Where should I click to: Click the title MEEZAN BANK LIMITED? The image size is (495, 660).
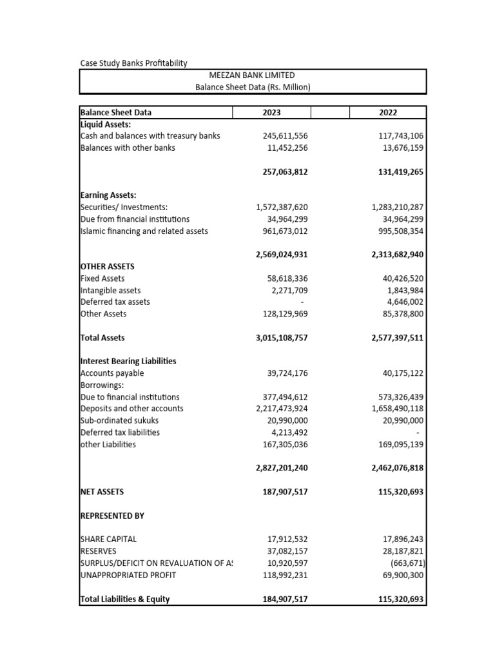click(253, 75)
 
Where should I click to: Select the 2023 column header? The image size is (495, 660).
click(271, 112)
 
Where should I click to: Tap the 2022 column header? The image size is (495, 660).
click(388, 112)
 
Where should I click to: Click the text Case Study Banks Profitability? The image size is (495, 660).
click(133, 63)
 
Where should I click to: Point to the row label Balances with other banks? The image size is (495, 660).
click(128, 148)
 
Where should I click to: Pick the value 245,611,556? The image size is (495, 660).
click(281, 136)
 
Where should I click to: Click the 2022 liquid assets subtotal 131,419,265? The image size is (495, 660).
click(397, 171)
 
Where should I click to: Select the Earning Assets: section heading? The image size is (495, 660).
click(108, 195)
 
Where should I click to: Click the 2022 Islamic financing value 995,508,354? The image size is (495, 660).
click(397, 231)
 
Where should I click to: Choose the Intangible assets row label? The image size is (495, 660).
click(110, 290)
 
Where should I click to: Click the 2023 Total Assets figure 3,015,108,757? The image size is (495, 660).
click(277, 338)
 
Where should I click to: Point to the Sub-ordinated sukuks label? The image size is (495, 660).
click(119, 420)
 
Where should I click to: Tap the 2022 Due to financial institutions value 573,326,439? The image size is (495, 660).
click(397, 397)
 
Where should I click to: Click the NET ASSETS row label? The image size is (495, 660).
click(102, 492)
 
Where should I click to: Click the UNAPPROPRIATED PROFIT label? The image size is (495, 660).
click(128, 575)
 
